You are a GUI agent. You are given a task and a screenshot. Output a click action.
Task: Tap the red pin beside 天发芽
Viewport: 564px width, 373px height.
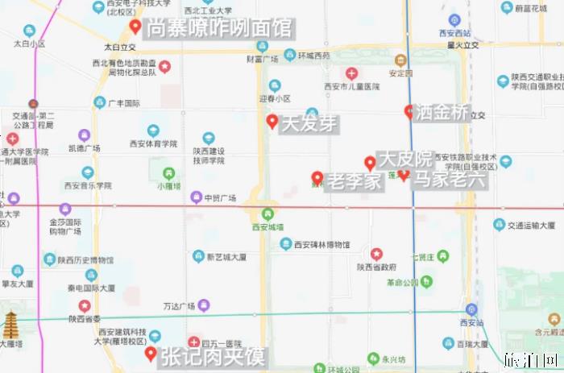click(x=272, y=122)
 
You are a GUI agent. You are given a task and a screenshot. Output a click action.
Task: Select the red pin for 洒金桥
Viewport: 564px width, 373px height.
click(x=409, y=111)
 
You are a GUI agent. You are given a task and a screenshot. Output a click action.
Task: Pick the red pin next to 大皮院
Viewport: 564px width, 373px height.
click(x=370, y=162)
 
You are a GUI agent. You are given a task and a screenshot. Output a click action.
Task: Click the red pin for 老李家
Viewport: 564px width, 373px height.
click(x=317, y=178)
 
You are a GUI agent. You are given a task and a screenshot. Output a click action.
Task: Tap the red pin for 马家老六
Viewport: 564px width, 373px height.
click(x=404, y=176)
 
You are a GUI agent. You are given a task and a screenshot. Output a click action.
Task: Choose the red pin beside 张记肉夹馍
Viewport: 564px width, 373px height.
click(x=151, y=354)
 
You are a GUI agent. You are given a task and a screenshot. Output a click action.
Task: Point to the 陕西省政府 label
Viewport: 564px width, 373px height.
click(x=377, y=267)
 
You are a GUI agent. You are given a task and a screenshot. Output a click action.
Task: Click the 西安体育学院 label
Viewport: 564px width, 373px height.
click(x=153, y=144)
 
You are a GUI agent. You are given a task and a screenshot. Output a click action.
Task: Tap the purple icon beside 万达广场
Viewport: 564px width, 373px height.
click(x=204, y=305)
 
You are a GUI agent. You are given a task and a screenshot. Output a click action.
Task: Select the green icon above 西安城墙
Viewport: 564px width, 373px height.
click(x=267, y=214)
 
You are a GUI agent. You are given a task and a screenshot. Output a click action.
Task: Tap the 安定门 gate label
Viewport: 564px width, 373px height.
click(x=400, y=73)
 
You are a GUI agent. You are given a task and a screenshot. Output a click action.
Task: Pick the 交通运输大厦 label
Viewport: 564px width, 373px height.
click(x=533, y=226)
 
